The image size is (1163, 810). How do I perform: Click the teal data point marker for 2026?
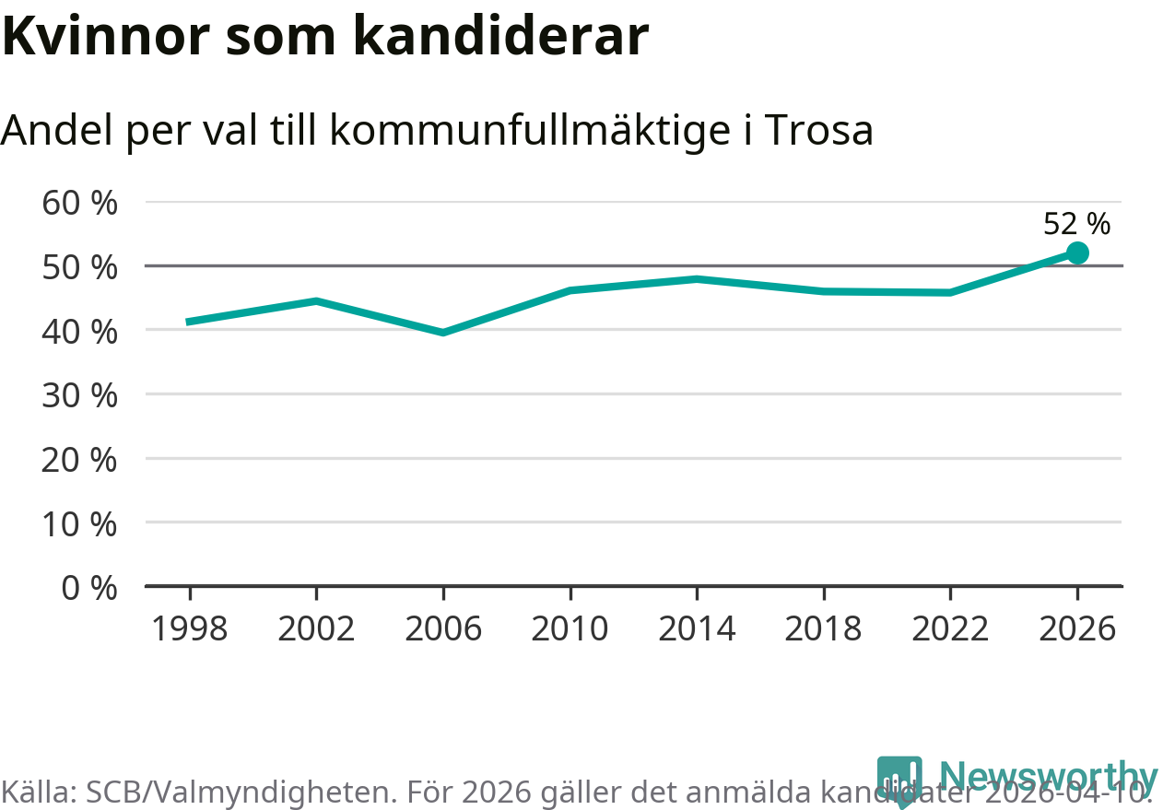1076,252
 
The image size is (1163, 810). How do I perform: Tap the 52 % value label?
1076,223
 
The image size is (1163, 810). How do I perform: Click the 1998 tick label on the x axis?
189,628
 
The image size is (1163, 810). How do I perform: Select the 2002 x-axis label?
316,628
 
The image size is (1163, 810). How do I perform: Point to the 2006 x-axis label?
443,628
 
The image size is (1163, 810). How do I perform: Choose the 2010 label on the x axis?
570,628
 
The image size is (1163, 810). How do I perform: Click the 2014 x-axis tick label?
697,628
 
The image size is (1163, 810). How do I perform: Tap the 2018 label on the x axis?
823,628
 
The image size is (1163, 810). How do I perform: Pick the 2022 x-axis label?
950,628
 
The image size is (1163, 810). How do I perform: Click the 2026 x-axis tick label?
1076,628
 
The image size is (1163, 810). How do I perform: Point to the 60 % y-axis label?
80,203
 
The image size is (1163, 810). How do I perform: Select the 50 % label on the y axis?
80,267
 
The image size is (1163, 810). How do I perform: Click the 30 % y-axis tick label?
80,395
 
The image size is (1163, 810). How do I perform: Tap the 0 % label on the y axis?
89,587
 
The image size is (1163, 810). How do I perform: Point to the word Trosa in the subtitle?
818,131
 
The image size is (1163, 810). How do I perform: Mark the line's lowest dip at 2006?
443,332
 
